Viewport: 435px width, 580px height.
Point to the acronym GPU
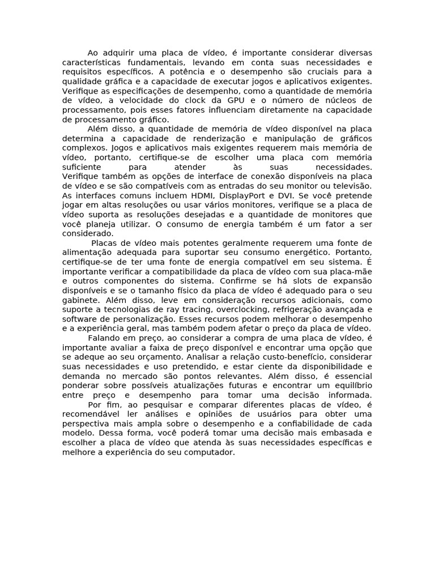[x=236, y=101]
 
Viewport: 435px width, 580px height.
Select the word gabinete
[x=82, y=300]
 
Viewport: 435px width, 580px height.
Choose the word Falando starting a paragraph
[x=106, y=338]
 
